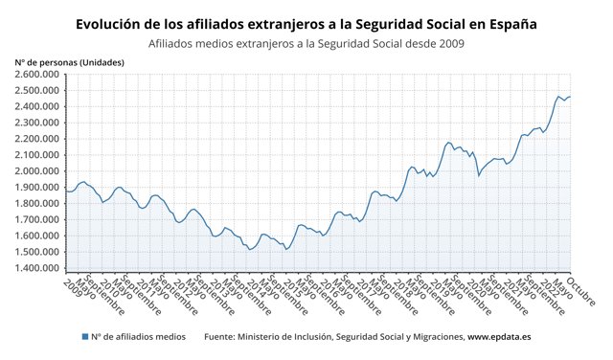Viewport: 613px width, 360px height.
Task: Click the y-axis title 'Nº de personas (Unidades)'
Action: (x=69, y=61)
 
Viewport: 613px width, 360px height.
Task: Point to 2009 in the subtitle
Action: (x=447, y=42)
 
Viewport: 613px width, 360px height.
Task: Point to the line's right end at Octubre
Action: (x=570, y=97)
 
